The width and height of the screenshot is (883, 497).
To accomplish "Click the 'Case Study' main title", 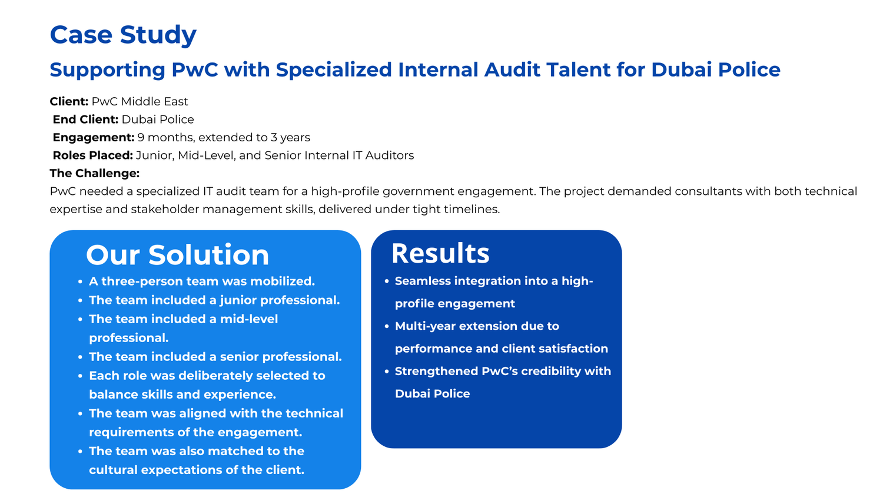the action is click(123, 35).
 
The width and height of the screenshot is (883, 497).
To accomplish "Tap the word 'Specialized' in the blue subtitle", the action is click(334, 70).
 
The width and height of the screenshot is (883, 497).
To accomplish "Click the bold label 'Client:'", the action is click(69, 101).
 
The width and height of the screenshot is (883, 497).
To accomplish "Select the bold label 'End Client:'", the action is click(85, 120).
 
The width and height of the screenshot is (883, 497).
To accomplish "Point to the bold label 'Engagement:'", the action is click(94, 138).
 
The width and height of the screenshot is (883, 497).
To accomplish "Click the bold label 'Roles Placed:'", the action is click(92, 155).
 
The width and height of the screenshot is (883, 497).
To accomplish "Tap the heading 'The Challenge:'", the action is click(95, 174).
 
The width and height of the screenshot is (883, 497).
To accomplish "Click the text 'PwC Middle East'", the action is click(140, 101).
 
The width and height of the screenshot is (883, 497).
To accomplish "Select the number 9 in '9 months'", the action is click(141, 138).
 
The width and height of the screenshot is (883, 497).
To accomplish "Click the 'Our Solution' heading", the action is click(177, 255).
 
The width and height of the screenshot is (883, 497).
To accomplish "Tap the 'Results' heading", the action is click(440, 253).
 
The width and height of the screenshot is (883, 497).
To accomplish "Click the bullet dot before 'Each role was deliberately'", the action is click(80, 376).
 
